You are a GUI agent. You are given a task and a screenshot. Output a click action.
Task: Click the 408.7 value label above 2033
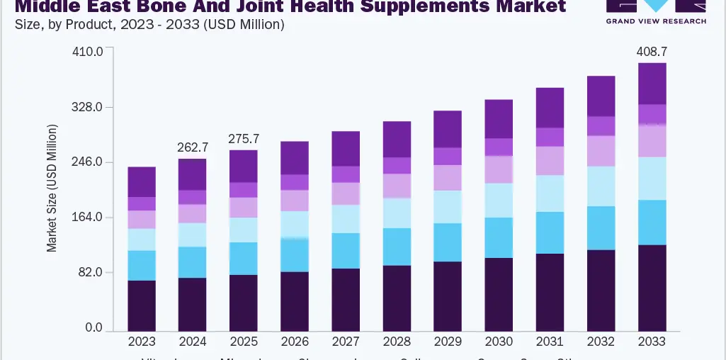click(652, 52)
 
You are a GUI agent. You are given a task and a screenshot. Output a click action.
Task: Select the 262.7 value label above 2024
click(193, 147)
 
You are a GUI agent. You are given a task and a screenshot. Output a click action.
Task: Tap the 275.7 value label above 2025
click(244, 139)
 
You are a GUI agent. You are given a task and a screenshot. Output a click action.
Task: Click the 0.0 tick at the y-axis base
click(93, 328)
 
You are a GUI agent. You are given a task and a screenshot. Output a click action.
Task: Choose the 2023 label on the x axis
click(142, 342)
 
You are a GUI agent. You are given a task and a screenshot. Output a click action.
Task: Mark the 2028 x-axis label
click(397, 342)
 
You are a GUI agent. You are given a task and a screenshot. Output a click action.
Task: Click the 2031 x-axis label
click(550, 342)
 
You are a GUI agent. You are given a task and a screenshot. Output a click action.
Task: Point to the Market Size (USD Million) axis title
click(52, 188)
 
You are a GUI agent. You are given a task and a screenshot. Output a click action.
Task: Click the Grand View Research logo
click(655, 12)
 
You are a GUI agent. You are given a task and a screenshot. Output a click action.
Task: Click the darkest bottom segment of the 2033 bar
click(652, 287)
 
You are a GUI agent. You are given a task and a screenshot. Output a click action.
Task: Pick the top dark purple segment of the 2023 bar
click(142, 182)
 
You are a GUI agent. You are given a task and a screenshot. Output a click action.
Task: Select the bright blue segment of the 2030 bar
click(499, 237)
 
